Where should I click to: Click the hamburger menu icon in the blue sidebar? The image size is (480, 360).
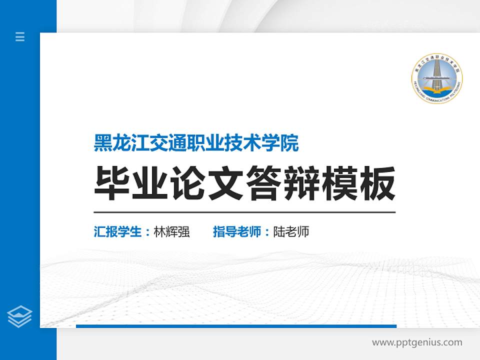[20, 36]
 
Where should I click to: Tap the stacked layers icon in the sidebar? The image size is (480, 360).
[20, 316]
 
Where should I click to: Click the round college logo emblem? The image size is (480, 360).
[437, 78]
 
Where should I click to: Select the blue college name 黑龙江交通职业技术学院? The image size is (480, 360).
[196, 143]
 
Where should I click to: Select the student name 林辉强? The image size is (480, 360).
[171, 232]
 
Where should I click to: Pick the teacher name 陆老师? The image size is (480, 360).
[291, 232]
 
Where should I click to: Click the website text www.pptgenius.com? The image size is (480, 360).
[417, 342]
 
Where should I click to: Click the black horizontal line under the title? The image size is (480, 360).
[244, 212]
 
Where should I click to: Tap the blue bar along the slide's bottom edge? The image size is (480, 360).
[236, 326]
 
